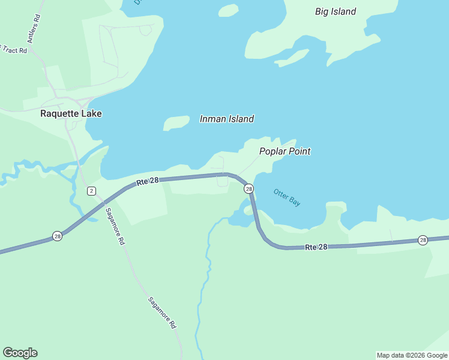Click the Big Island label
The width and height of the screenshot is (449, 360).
[x=336, y=11]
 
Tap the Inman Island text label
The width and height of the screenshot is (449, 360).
[x=226, y=119]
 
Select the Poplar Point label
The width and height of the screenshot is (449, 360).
[x=285, y=151]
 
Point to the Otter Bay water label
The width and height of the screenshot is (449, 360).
[x=286, y=197]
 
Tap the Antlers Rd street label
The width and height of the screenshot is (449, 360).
[x=34, y=27]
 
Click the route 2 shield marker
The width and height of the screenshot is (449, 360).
[x=91, y=191]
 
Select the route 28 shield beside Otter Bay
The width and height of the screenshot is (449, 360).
[x=249, y=189]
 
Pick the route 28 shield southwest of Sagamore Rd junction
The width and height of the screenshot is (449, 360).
[x=57, y=236]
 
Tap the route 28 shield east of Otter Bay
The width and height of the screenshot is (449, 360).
[x=423, y=240]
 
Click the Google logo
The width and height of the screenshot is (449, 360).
[x=20, y=353]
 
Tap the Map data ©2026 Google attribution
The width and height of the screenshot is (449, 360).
[x=412, y=355]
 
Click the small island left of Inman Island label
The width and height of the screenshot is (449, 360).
[x=175, y=123]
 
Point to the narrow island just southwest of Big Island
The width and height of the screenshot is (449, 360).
[x=292, y=58]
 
